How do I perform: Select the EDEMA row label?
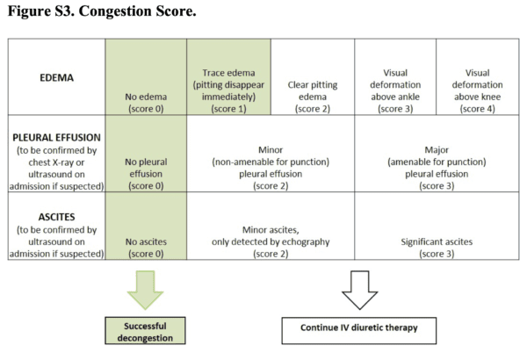[55, 77]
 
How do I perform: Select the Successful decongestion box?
[145, 329]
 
